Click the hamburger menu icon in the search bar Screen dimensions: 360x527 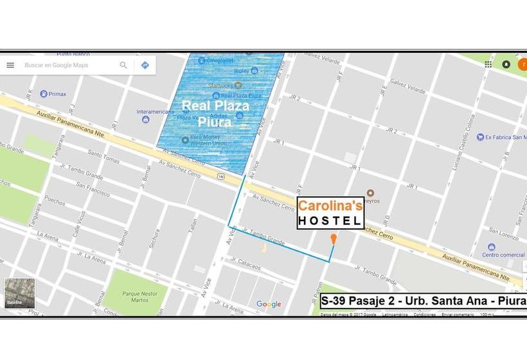click(10, 65)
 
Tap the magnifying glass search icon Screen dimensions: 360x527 click(123, 65)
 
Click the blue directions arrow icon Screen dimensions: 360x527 click(145, 65)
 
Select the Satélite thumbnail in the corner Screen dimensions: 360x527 click(19, 293)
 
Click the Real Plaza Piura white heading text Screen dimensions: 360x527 click(215, 113)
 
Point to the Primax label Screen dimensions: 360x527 click(57, 94)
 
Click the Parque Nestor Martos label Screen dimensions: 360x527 click(136, 295)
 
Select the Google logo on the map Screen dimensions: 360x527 click(269, 304)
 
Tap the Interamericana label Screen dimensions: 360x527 click(156, 111)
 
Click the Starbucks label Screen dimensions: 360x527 click(220, 85)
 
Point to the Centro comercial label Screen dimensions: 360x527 click(503, 255)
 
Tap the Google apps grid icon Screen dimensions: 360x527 click(488, 64)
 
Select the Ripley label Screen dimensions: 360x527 click(242, 71)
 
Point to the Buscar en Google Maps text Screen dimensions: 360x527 click(57, 65)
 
